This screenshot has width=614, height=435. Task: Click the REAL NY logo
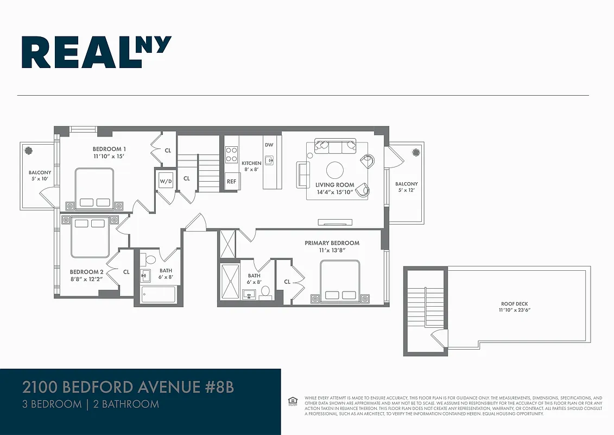97,52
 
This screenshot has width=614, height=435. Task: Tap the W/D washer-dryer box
166,182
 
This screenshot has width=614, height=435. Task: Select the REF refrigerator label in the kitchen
231,182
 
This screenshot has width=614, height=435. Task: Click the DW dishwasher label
269,145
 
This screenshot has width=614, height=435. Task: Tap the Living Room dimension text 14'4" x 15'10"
334,192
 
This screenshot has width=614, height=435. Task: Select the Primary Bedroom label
332,243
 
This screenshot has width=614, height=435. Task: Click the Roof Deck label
514,304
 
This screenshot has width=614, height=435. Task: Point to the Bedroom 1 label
109,149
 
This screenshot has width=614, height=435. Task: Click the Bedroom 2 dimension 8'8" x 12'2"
86,278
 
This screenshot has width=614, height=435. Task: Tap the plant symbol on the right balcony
416,152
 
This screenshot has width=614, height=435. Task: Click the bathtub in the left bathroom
158,295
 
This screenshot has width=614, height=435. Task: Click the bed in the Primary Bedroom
340,282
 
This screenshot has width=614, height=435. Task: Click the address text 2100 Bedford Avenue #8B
129,388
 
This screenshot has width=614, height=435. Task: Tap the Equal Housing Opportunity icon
292,401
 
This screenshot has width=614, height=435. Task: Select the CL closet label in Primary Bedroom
287,282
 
